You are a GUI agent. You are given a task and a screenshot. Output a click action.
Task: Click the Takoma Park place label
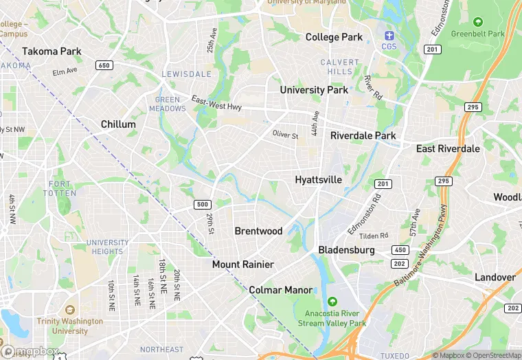pos(52,52)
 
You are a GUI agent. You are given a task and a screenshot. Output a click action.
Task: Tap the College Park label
pos(334,37)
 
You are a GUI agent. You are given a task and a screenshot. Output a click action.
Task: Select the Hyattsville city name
pos(318,180)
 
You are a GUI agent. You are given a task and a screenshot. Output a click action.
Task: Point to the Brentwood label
pos(259,232)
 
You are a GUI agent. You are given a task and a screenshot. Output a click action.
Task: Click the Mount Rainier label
pos(243,265)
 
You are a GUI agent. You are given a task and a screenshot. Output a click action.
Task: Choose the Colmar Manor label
pos(281,290)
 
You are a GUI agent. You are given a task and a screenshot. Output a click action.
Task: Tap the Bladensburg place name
pos(346,250)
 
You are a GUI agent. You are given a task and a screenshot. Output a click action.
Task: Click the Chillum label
pos(118,124)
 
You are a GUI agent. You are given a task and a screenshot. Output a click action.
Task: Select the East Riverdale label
pos(448,149)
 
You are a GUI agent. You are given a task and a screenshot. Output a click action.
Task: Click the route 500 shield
pos(202,205)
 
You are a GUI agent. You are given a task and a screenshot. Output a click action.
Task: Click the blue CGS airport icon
pos(389,35)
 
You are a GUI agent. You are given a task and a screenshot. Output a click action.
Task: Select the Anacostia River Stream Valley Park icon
pos(332,302)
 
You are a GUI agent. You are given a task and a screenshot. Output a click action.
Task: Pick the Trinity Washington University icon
pos(69,309)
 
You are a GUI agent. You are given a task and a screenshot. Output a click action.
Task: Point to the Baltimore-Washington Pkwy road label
pos(425,250)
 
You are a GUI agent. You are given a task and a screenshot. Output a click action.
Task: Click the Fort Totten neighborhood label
pos(60,188)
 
